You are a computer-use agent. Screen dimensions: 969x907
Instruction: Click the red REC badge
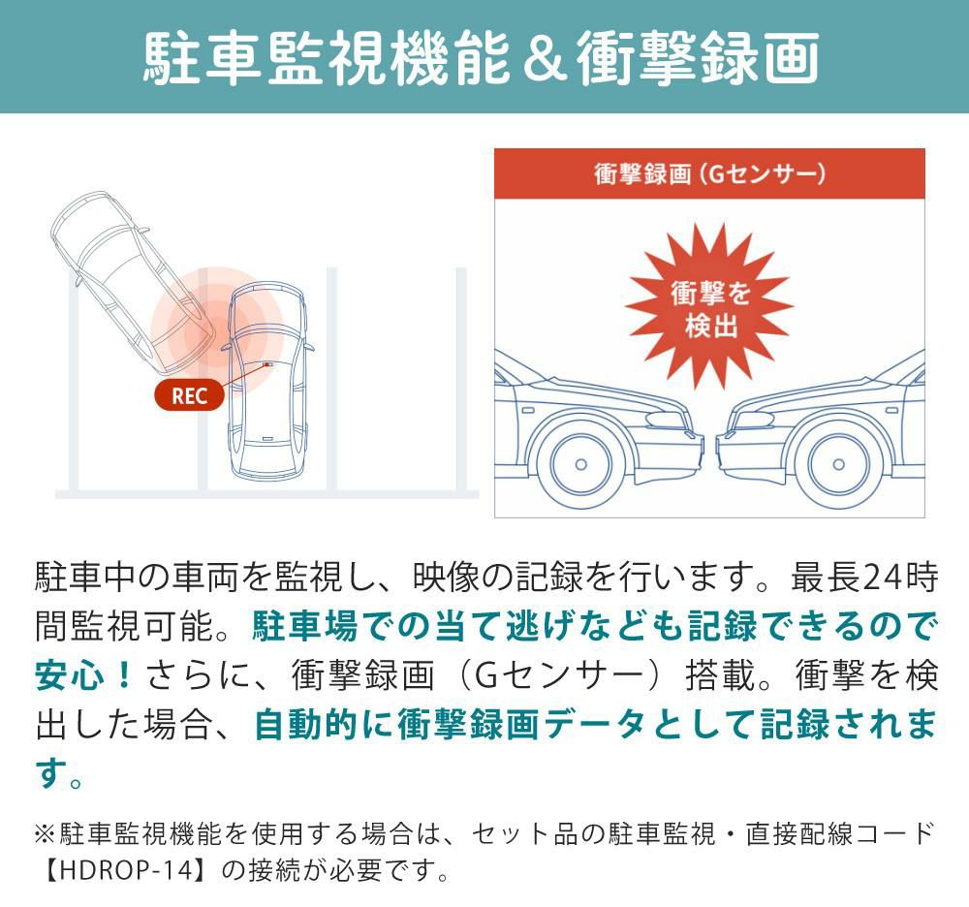pos(189,394)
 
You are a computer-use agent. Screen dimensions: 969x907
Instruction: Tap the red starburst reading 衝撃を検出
pos(709,306)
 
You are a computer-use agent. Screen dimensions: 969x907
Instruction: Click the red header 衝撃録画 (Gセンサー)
pos(709,173)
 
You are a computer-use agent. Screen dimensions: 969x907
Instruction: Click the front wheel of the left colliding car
pos(580,463)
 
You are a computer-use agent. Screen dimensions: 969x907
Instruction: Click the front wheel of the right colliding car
pos(838,463)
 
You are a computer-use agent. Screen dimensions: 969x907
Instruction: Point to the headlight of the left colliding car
pos(667,421)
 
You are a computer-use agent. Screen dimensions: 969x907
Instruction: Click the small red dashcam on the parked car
pos(267,364)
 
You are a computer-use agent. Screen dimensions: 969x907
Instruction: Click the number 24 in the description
pos(881,578)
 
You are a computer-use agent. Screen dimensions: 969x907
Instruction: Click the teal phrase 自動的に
pos(325,724)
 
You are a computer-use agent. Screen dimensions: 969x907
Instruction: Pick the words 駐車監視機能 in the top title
pos(327,59)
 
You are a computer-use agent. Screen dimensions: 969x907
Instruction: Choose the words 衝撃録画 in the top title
pos(699,59)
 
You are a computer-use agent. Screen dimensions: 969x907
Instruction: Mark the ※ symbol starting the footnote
pos(46,834)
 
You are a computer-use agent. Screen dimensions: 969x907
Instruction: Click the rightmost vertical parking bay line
pos(461,379)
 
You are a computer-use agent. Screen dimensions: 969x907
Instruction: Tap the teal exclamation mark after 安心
pos(124,675)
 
